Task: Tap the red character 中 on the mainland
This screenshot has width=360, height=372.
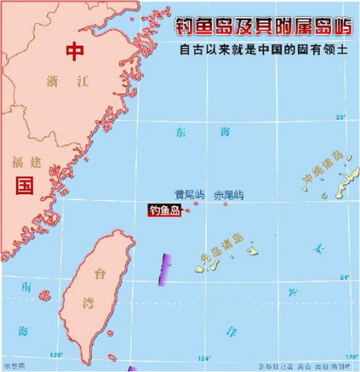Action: tap(75, 51)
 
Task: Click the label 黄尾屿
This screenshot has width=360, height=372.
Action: tap(189, 195)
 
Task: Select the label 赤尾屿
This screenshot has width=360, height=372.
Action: tap(228, 195)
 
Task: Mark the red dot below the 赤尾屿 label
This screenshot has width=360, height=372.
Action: tap(225, 204)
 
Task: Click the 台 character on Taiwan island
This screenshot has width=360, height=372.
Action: tap(97, 275)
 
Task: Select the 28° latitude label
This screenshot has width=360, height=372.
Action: tap(341, 117)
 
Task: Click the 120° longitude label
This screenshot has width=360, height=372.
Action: tap(55, 356)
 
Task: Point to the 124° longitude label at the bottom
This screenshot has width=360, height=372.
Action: tap(204, 356)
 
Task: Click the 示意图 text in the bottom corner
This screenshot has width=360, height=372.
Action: tap(14, 366)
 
